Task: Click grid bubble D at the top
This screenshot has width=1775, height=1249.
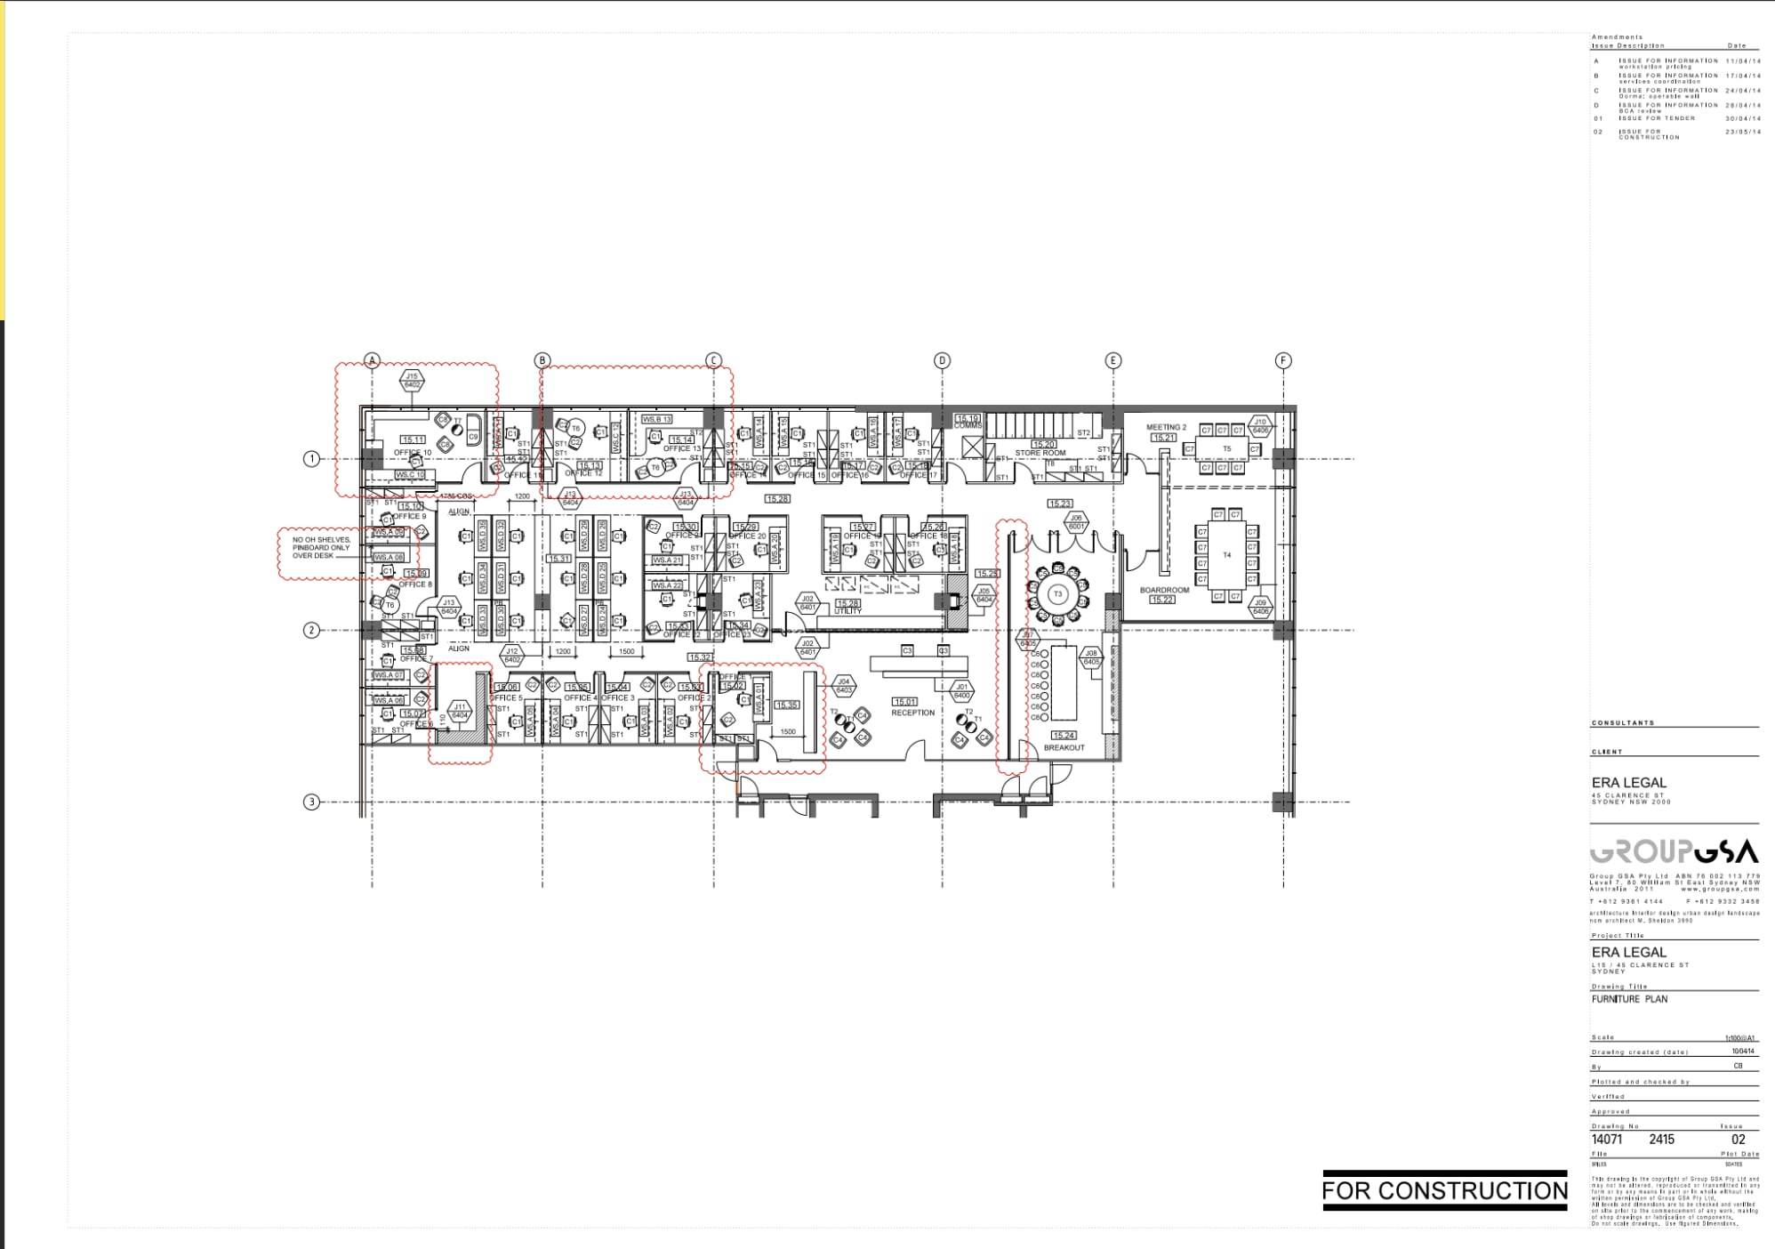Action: [x=942, y=360]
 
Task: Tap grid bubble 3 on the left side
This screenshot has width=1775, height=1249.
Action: [x=311, y=802]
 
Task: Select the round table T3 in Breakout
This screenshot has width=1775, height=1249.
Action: [x=1057, y=594]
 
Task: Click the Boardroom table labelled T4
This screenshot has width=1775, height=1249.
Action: [x=1226, y=555]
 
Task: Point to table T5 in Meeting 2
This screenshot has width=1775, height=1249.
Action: [x=1226, y=449]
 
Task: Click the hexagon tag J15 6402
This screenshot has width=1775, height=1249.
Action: [x=412, y=381]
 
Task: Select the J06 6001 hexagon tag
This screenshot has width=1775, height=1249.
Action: [x=1076, y=521]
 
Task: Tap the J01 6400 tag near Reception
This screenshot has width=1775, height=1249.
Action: [x=961, y=690]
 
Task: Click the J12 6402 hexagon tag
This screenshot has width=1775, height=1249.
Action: [x=512, y=656]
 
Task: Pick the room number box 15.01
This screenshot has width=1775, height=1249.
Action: [x=904, y=702]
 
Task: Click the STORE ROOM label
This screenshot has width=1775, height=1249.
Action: [x=1040, y=453]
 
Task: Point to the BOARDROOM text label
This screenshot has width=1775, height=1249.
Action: [x=1164, y=590]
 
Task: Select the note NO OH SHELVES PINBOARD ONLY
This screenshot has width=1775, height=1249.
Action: [x=321, y=547]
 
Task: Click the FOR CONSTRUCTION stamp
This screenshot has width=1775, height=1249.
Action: [x=1444, y=1190]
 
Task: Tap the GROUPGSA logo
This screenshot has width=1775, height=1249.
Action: [x=1673, y=852]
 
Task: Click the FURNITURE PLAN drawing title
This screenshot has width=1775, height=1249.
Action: [x=1629, y=999]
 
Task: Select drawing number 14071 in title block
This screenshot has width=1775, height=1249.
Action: [x=1607, y=1140]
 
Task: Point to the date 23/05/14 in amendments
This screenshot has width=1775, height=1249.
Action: [x=1742, y=132]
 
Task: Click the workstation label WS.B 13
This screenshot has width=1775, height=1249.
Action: [x=657, y=419]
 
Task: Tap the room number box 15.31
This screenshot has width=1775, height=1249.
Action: [x=559, y=559]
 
